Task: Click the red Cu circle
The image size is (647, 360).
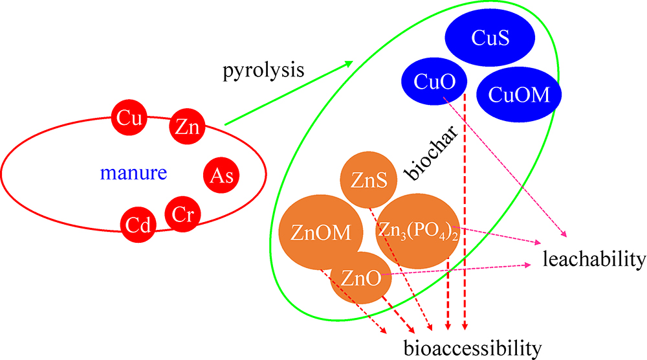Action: (x=127, y=118)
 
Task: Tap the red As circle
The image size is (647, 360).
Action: (x=221, y=175)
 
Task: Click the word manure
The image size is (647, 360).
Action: (x=134, y=174)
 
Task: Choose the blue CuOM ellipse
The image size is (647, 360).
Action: (x=519, y=95)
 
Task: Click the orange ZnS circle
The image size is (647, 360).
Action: (x=367, y=181)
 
